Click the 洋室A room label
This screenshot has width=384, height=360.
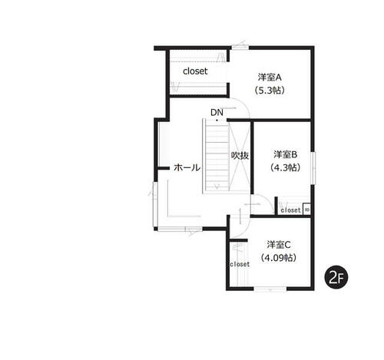tap(270, 78)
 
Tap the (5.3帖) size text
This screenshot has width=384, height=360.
tap(270, 91)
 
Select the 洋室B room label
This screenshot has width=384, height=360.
tap(285, 154)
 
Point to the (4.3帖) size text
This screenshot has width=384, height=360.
tap(285, 167)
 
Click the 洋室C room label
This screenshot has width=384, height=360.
tap(279, 245)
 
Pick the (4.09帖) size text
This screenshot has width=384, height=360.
tap(279, 258)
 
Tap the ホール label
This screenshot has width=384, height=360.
tap(187, 168)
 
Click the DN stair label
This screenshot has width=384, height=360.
tap(217, 112)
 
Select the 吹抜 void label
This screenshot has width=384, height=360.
tap(240, 156)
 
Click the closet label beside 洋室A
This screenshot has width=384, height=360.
tap(195, 71)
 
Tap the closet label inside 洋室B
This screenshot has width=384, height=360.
tap(290, 210)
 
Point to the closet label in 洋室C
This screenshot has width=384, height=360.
tap(240, 264)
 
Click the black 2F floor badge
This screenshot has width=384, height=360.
tap(336, 278)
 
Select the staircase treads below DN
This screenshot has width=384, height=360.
tap(217, 156)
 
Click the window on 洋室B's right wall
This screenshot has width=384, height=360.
tap(313, 168)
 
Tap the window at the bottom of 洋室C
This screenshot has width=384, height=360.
tap(270, 289)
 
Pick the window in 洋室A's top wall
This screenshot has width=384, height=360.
tap(240, 48)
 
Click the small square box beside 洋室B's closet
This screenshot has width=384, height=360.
tap(307, 210)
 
